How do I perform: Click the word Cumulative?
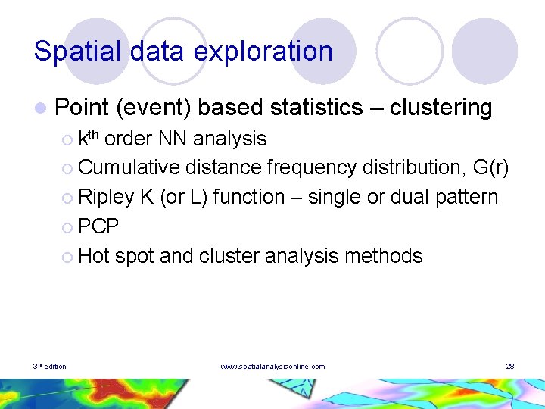coord(129,167)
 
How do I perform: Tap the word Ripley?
coord(106,197)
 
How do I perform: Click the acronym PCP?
coord(98,226)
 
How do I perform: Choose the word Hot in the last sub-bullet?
coord(94,256)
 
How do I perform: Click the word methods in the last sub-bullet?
coord(382,256)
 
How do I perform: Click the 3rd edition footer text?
coord(49,367)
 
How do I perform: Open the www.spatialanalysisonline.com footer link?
coord(272,367)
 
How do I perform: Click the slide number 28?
coord(509,367)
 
